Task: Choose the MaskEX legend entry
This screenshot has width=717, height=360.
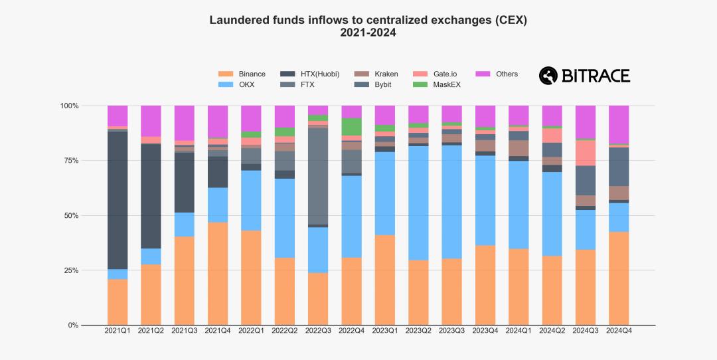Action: pos(446,85)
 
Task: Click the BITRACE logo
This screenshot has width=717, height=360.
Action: pos(584,76)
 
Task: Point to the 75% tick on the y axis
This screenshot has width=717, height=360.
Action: pos(70,161)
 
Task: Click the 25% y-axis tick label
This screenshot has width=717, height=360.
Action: pos(70,270)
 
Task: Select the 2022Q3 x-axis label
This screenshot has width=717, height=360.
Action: pos(318,331)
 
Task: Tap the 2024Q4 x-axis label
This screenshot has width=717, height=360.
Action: pos(619,331)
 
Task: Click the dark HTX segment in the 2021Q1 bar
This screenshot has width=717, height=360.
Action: pos(118,199)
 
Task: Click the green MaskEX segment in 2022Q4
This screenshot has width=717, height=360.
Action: pos(351,127)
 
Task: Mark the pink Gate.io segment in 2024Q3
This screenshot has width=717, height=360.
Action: pos(586,153)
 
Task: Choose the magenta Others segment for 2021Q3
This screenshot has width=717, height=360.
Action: pos(185,123)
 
